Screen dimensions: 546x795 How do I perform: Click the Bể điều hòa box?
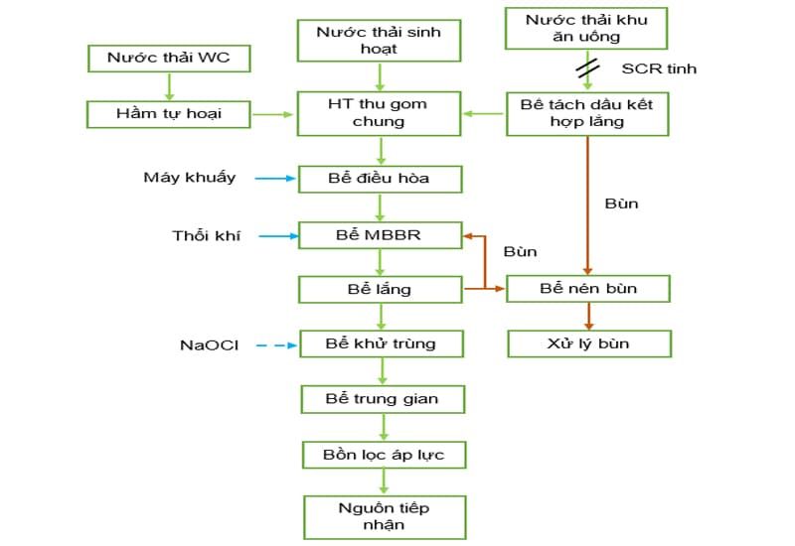381,179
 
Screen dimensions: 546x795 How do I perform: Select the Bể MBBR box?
381,236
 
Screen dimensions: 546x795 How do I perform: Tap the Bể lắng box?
381,289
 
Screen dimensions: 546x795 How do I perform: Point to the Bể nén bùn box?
588,289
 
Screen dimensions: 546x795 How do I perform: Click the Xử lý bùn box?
588,343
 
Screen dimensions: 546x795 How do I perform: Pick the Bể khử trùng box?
381,343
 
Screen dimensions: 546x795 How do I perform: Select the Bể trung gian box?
383,399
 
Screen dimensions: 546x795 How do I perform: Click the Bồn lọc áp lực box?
383,455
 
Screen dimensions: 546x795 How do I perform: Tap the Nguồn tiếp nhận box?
384,516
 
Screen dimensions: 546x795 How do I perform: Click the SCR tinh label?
659,68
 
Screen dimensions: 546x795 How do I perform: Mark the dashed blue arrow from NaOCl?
276,345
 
